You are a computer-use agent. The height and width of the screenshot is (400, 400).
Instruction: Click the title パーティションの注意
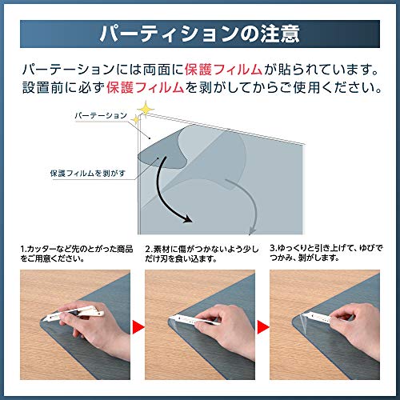(200, 34)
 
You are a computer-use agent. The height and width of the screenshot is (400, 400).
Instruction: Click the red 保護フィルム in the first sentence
(223, 70)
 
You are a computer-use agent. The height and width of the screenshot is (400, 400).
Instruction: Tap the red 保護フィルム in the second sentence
(145, 87)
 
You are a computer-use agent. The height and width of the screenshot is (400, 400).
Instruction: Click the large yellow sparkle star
(146, 109)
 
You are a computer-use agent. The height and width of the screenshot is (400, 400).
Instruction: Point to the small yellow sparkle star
(136, 120)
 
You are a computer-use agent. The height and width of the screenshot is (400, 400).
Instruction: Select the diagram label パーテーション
(101, 115)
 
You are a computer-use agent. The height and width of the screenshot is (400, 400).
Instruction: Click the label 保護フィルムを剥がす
(88, 174)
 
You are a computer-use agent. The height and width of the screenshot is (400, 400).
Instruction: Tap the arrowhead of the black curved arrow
(187, 218)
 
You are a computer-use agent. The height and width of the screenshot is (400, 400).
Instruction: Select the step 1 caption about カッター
(77, 254)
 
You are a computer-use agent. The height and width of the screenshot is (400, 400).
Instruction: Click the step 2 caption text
(202, 254)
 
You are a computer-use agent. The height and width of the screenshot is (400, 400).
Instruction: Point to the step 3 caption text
(326, 253)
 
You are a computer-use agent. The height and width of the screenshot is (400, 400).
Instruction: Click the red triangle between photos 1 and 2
(138, 327)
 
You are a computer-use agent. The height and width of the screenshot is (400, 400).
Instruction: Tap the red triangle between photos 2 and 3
(263, 327)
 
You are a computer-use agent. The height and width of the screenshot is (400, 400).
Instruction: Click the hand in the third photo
(358, 328)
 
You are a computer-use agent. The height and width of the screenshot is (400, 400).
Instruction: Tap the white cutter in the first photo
(73, 314)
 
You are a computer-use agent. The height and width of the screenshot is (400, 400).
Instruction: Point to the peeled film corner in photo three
(303, 322)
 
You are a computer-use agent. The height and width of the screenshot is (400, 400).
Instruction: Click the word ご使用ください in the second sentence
(338, 87)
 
